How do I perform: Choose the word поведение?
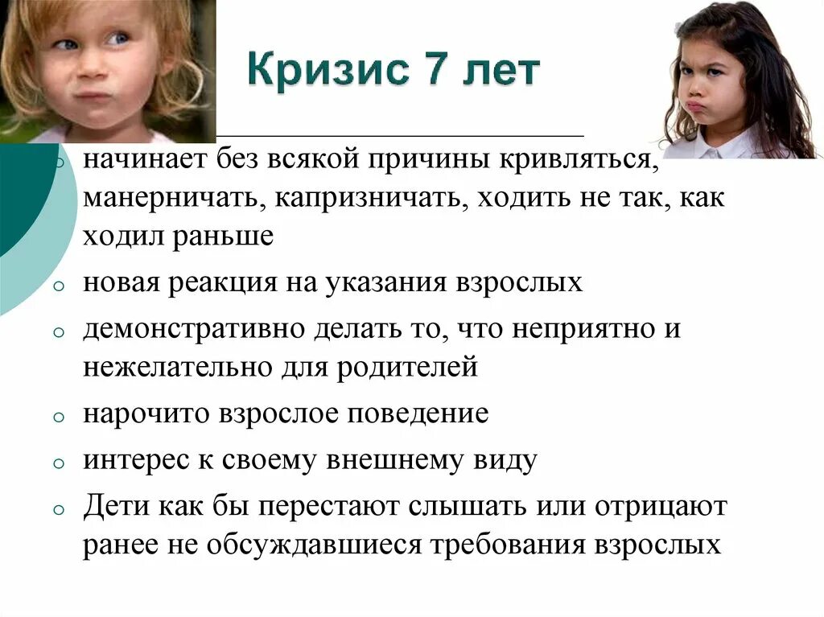point(418,414)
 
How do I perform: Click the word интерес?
point(134,460)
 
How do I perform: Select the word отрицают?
point(661,507)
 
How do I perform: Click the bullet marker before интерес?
point(59,464)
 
